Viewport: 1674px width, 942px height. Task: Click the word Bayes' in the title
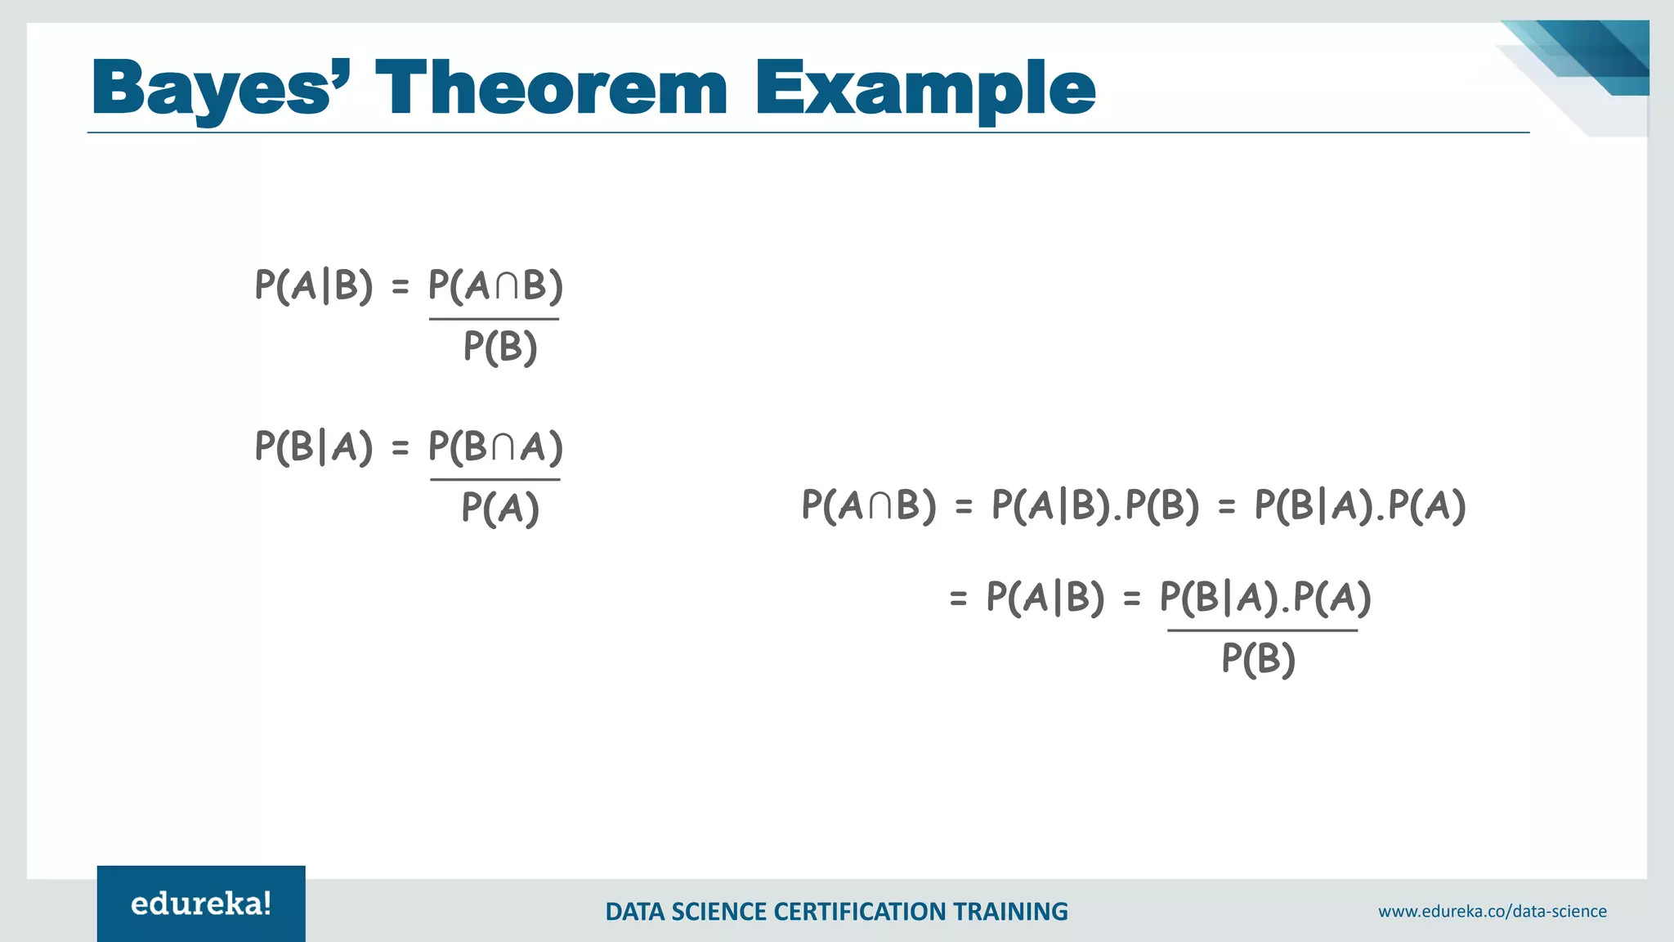click(222, 88)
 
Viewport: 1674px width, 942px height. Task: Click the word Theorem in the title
click(551, 88)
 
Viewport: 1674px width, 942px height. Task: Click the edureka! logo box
click(201, 904)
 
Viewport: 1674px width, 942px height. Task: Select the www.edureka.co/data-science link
click(1492, 911)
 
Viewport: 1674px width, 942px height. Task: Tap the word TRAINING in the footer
click(1012, 911)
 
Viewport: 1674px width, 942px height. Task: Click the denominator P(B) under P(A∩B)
click(499, 347)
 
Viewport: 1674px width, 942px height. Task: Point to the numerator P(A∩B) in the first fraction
click(495, 285)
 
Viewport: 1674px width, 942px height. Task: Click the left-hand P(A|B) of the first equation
click(314, 285)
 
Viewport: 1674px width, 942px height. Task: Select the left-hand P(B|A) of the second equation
click(314, 446)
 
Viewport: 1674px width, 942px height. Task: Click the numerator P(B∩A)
click(495, 446)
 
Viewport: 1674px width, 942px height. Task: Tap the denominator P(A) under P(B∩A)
click(499, 508)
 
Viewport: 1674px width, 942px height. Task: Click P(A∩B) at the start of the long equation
click(868, 505)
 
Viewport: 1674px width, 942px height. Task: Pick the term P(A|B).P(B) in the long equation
click(1094, 505)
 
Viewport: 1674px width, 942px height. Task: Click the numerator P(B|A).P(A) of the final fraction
click(1264, 597)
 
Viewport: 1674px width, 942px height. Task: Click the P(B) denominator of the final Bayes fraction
click(1258, 658)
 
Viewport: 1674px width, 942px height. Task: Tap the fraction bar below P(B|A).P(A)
click(1262, 630)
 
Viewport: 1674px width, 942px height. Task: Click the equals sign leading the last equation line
click(958, 599)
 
